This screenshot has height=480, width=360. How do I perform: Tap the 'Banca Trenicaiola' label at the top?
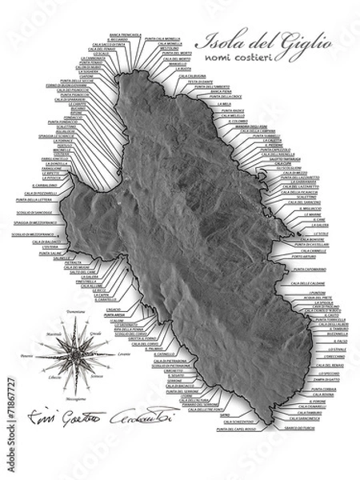124,36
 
